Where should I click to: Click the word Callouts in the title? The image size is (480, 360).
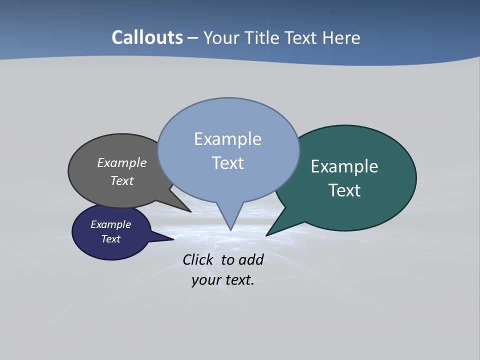coord(147,38)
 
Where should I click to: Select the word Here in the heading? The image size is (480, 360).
coord(341,38)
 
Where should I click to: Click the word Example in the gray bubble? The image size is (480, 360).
coord(122,163)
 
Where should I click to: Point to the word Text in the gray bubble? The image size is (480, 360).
coord(122,180)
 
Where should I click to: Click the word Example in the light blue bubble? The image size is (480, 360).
coord(227,139)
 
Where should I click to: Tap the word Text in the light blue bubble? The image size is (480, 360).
coord(227,163)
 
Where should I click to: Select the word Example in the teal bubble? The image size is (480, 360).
coord(344,166)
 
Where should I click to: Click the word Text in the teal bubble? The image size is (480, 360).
coord(344,190)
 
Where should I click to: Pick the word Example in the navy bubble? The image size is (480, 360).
coord(110,224)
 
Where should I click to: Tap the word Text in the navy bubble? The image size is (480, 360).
coord(110,239)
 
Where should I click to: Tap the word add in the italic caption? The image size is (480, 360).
coord(250,260)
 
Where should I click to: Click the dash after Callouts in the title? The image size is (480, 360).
coord(193,38)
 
